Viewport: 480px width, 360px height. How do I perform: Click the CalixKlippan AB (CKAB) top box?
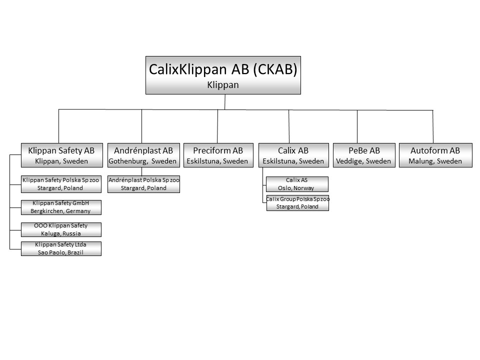(x=223, y=75)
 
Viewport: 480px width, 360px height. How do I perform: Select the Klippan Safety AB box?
(x=62, y=155)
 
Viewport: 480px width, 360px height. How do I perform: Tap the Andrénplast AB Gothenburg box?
(x=143, y=155)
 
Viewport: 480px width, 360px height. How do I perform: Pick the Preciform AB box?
(x=218, y=155)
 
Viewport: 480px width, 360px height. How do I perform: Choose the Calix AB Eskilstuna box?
(x=293, y=155)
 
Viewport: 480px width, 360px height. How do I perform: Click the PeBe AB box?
(x=364, y=155)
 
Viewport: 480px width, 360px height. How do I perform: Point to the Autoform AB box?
(x=435, y=155)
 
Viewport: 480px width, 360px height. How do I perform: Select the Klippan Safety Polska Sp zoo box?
(x=61, y=184)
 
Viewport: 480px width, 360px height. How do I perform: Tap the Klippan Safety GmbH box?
(x=61, y=207)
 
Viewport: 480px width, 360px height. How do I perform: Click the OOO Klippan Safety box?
(x=61, y=229)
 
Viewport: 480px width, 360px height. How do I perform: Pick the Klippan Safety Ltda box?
(x=61, y=248)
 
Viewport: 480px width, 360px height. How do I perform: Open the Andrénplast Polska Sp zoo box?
(x=143, y=184)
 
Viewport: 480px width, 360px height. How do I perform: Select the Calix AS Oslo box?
(x=297, y=184)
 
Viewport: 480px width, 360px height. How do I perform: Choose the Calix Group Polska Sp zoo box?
(x=297, y=202)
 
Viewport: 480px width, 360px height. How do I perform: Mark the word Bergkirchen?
(x=47, y=211)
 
